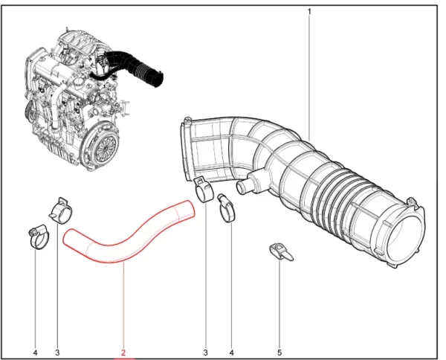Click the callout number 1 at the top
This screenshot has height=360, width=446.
pos(309,12)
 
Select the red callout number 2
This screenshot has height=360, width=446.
pos(123,353)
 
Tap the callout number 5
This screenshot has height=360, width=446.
pos(279,353)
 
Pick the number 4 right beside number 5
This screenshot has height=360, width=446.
pos(231,353)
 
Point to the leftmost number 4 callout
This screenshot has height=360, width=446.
pos(35,353)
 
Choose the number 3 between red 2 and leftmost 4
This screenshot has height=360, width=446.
pos(57,353)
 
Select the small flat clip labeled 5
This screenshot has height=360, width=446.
pos(280,251)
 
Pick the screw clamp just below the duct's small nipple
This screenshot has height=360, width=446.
pos(227,208)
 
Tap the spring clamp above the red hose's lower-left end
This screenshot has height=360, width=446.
pos(61,210)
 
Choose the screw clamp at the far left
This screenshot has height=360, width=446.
pos(39,237)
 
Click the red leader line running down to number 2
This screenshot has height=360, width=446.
pos(123,305)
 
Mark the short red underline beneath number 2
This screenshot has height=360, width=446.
pos(123,359)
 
